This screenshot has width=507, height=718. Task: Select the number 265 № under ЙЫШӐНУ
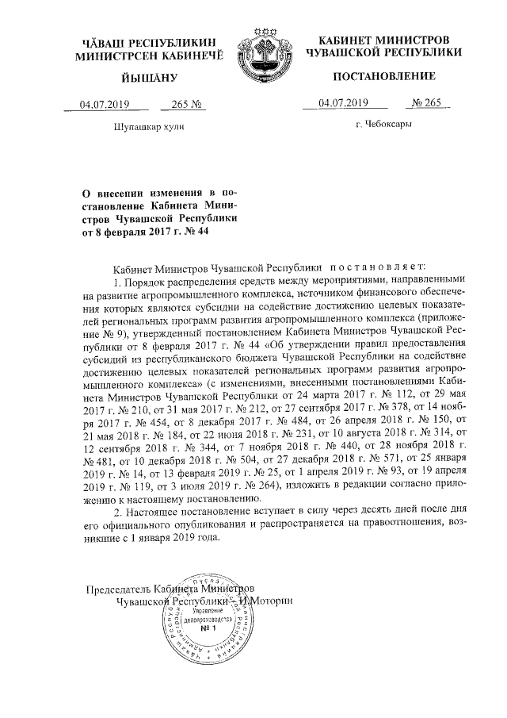pos(183,104)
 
